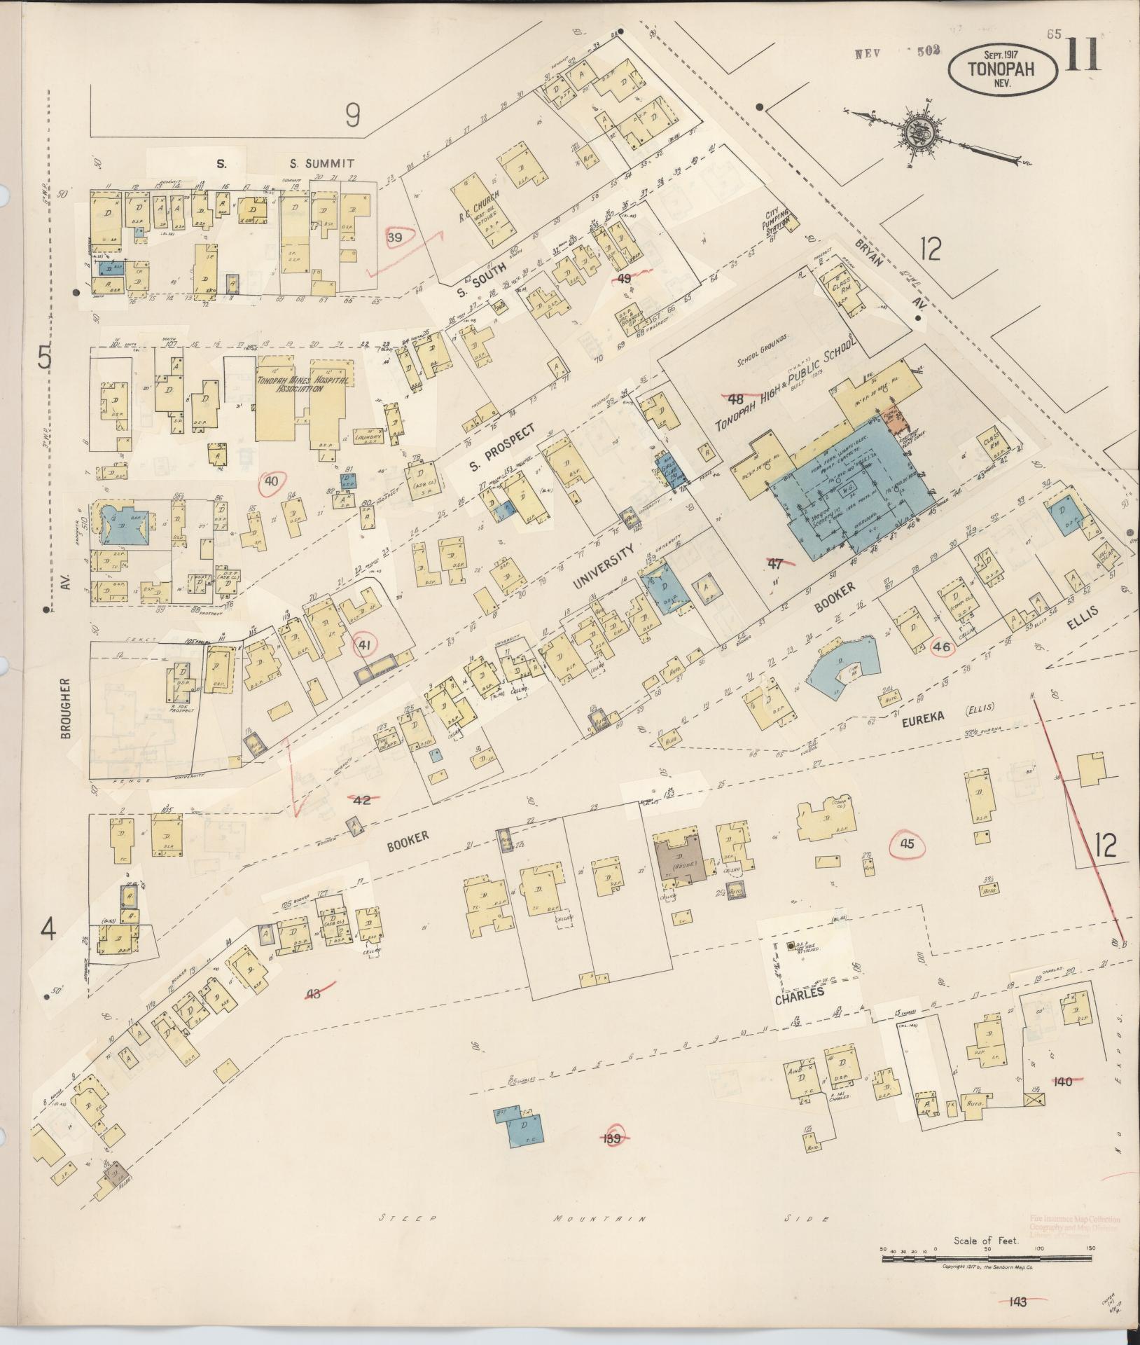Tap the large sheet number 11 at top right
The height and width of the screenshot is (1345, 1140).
(1083, 55)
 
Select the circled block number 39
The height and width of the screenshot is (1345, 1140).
(395, 238)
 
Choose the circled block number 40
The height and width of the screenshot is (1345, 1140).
(272, 481)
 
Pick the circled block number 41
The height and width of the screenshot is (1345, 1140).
(363, 644)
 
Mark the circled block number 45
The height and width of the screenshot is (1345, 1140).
(907, 844)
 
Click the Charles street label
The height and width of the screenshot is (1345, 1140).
(799, 993)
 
